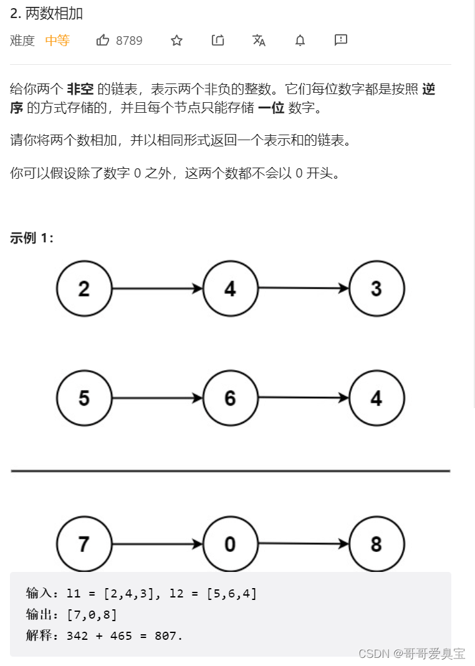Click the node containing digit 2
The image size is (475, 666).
84,288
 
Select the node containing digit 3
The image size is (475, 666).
377,288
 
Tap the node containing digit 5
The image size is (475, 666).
84,398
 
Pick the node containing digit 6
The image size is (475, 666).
230,398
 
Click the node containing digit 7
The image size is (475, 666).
84,544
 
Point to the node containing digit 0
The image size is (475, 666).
230,544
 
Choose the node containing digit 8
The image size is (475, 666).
377,544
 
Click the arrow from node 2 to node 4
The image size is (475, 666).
157,288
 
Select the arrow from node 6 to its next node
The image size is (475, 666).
303,397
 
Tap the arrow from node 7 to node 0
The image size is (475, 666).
157,544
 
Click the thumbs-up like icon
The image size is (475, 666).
103,40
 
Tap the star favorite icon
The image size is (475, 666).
177,40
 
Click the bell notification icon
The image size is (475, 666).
300,40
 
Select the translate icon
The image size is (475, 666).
259,40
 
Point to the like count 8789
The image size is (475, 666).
129,41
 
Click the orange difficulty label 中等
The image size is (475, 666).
57,41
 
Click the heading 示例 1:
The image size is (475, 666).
32,238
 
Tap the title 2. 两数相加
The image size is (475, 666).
47,13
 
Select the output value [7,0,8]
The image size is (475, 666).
92,614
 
